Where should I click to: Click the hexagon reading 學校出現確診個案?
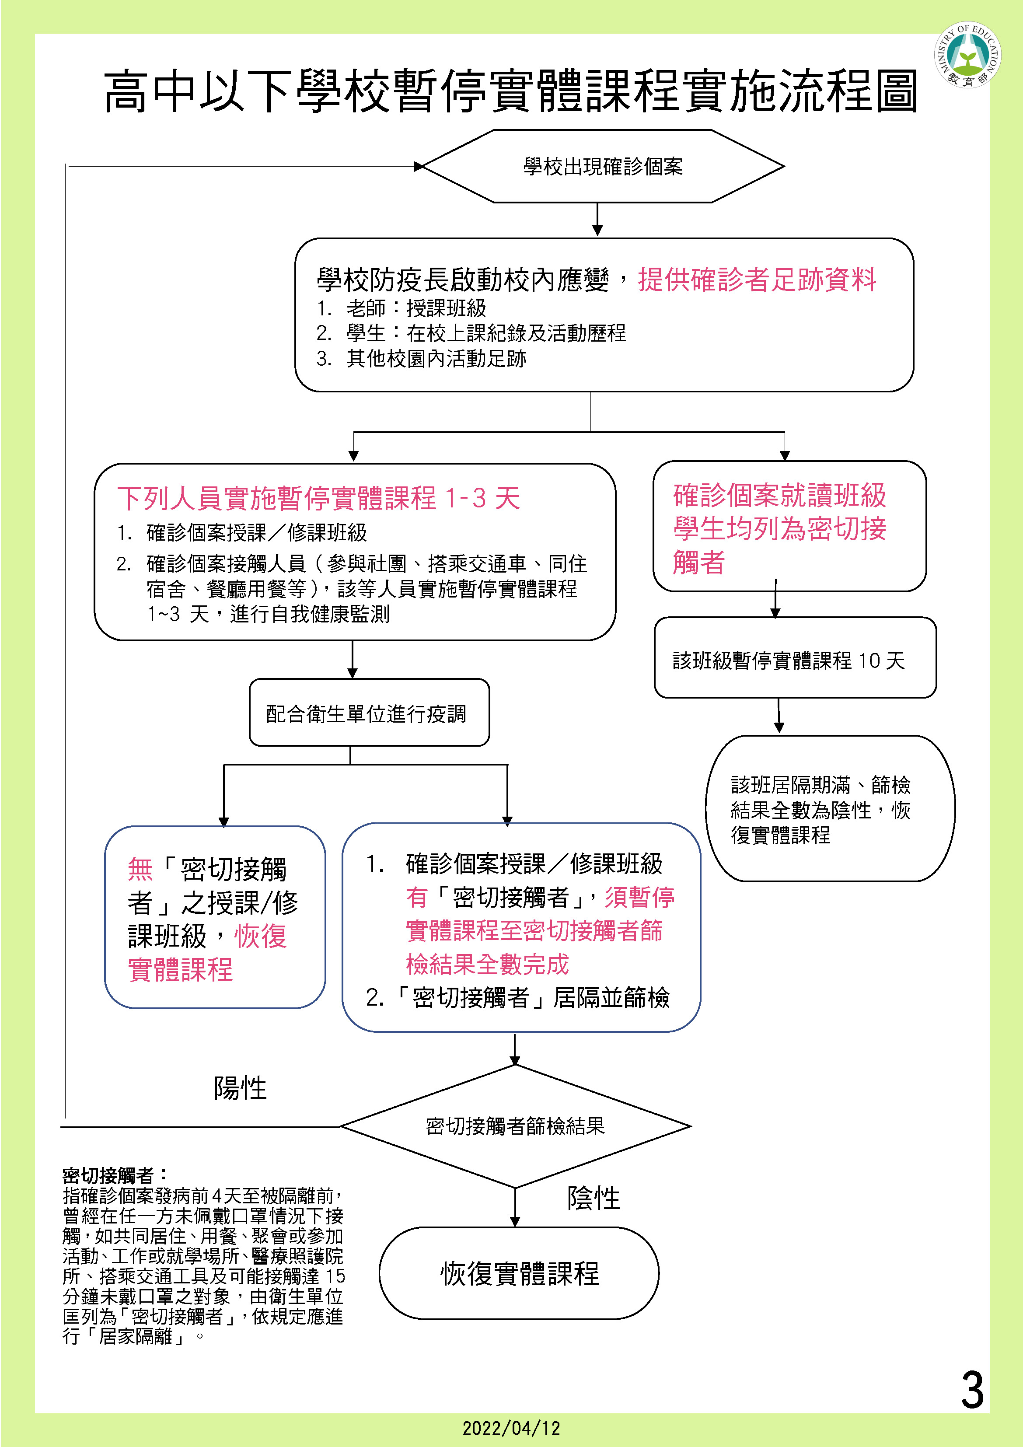[x=603, y=166]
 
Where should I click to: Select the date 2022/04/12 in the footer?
[x=511, y=1428]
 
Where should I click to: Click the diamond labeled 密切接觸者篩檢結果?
[x=515, y=1126]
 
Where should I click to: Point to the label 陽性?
[x=240, y=1088]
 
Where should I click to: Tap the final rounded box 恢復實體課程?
[x=519, y=1273]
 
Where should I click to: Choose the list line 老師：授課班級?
[x=416, y=308]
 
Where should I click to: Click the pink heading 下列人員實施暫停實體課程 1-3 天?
[x=319, y=498]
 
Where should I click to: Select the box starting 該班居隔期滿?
[x=830, y=809]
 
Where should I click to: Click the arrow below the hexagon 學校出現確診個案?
[x=597, y=220]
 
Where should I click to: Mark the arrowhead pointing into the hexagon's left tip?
[x=419, y=166]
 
